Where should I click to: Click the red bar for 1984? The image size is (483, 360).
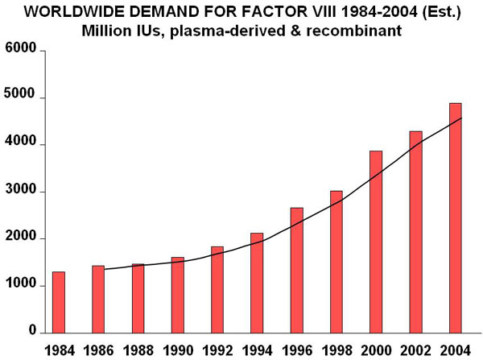tap(59, 302)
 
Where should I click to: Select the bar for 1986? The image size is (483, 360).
tap(98, 299)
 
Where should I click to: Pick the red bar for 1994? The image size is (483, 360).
tap(256, 283)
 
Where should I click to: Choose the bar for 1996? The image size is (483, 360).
tap(296, 270)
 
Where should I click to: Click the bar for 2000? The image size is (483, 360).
tap(375, 242)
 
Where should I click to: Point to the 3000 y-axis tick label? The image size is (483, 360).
tap(21, 192)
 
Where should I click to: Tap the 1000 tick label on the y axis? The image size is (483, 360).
tap(21, 285)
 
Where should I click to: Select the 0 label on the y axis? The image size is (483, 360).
tap(31, 332)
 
